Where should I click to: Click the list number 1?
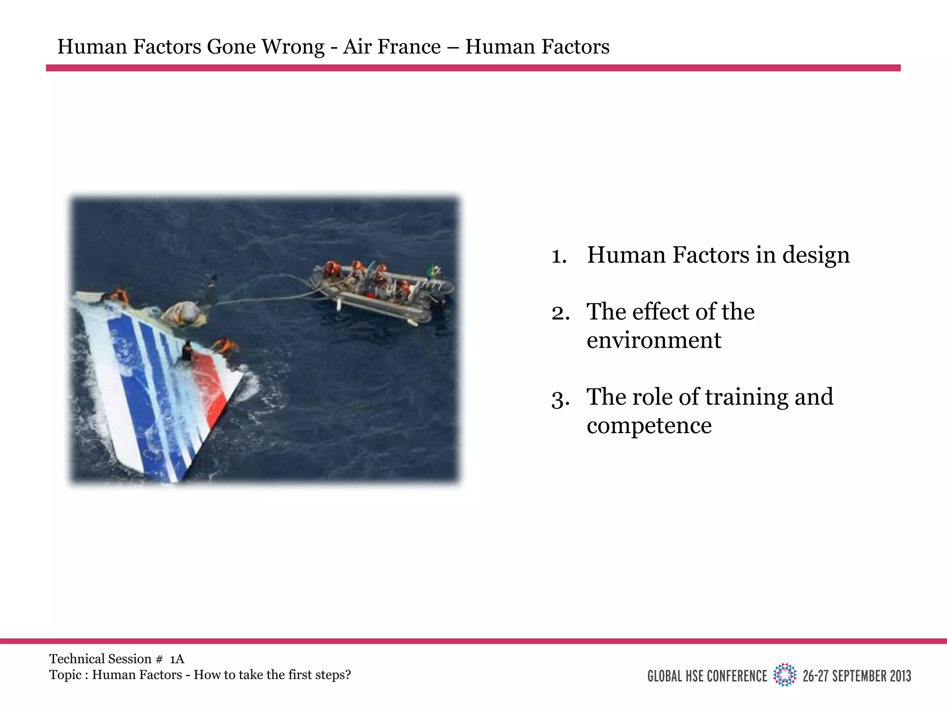click(559, 256)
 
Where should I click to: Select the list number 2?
click(560, 313)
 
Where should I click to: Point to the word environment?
click(653, 341)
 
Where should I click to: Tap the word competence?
click(649, 426)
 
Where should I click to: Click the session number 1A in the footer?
click(177, 659)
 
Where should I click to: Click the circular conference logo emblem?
click(785, 675)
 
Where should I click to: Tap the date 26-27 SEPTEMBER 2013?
click(856, 676)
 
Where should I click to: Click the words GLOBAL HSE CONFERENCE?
click(707, 676)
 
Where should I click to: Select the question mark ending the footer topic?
click(348, 675)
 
